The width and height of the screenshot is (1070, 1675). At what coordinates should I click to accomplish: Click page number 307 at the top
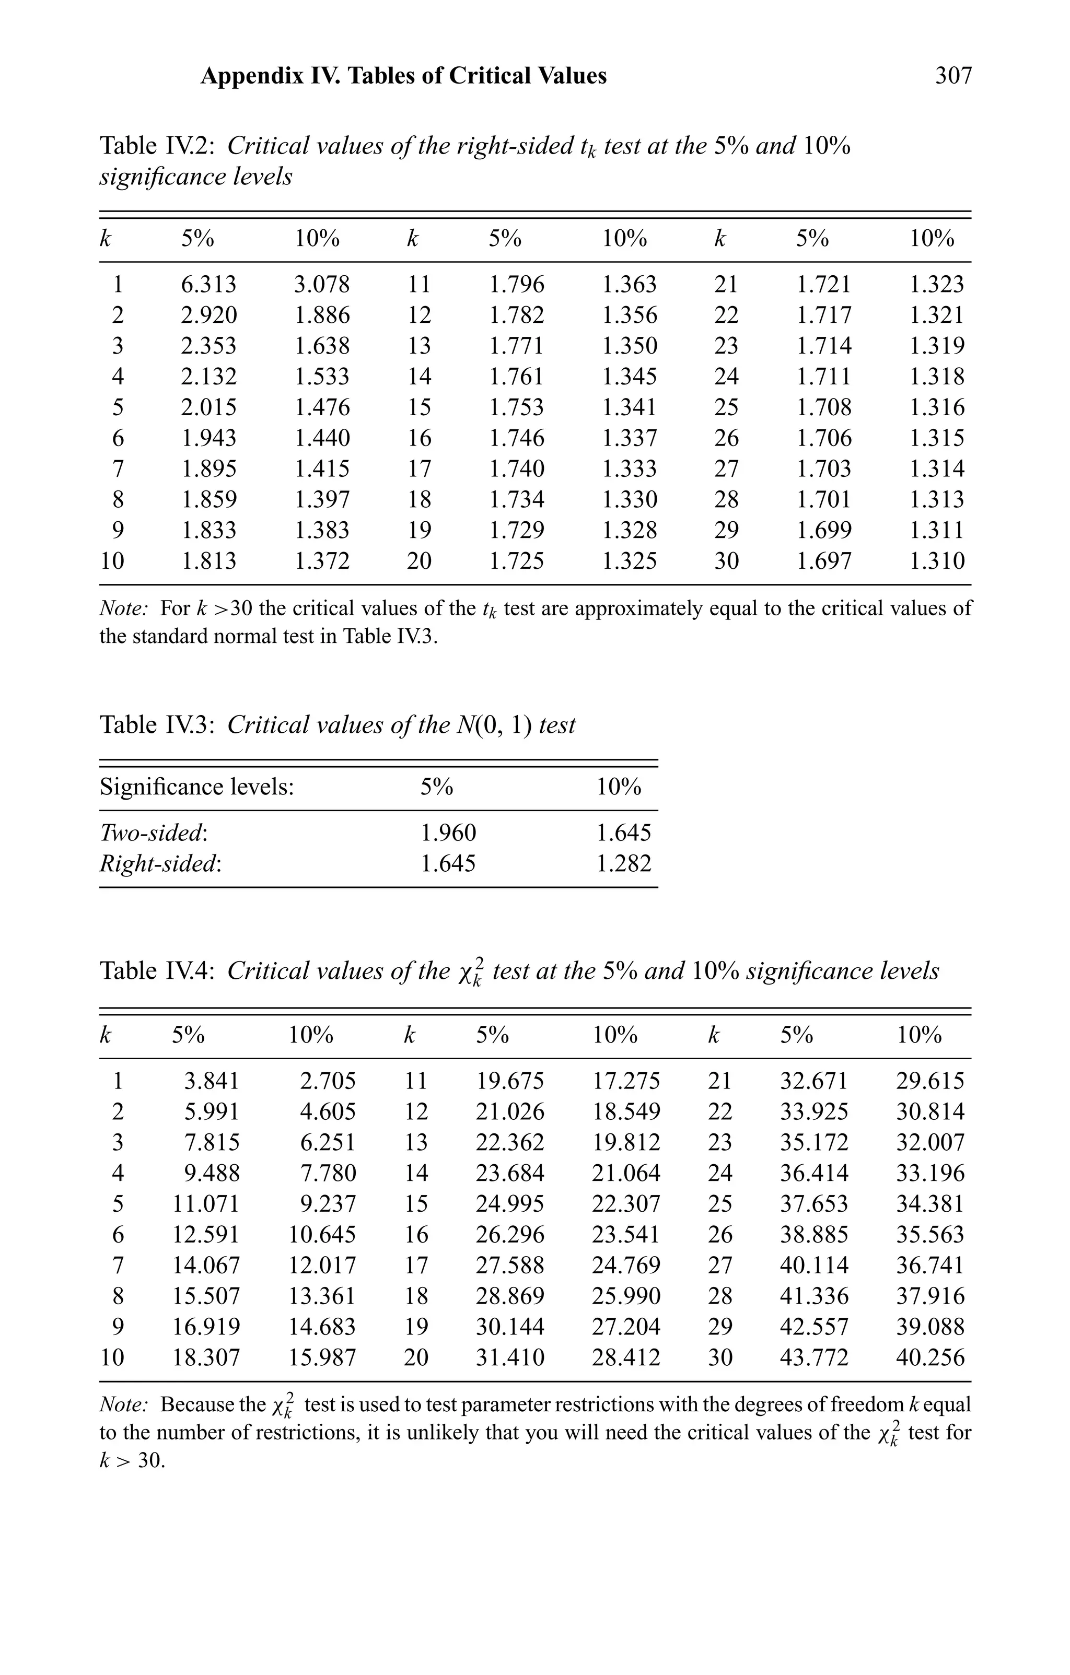(x=953, y=75)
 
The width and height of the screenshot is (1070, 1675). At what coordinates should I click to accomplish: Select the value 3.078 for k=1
(x=322, y=285)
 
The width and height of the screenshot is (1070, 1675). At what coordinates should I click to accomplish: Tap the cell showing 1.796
(x=516, y=285)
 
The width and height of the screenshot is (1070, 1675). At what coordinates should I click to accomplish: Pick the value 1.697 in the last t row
(x=824, y=560)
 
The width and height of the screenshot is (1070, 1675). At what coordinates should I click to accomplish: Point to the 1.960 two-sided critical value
(x=448, y=833)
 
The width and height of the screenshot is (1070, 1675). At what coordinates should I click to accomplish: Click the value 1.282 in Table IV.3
(x=623, y=863)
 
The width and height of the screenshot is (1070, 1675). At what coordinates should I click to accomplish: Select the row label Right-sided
(x=160, y=863)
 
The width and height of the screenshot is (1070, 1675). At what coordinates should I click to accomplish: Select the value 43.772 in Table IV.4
(x=814, y=1357)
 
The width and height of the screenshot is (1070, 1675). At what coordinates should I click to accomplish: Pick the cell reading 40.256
(x=930, y=1357)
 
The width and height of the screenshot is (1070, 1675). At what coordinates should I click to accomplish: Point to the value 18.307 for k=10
(x=206, y=1357)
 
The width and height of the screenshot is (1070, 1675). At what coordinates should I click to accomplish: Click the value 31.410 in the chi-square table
(x=510, y=1357)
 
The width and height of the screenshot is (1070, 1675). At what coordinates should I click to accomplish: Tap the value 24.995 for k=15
(x=510, y=1203)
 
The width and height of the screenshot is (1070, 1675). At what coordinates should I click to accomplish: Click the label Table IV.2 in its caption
(x=157, y=146)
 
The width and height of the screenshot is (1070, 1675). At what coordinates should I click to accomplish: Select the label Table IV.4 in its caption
(x=157, y=970)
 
